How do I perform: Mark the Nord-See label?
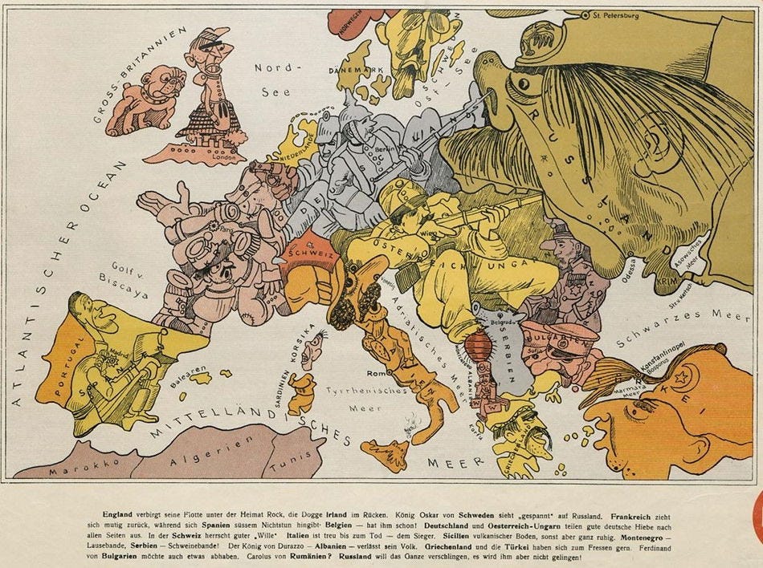coord(272,79)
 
